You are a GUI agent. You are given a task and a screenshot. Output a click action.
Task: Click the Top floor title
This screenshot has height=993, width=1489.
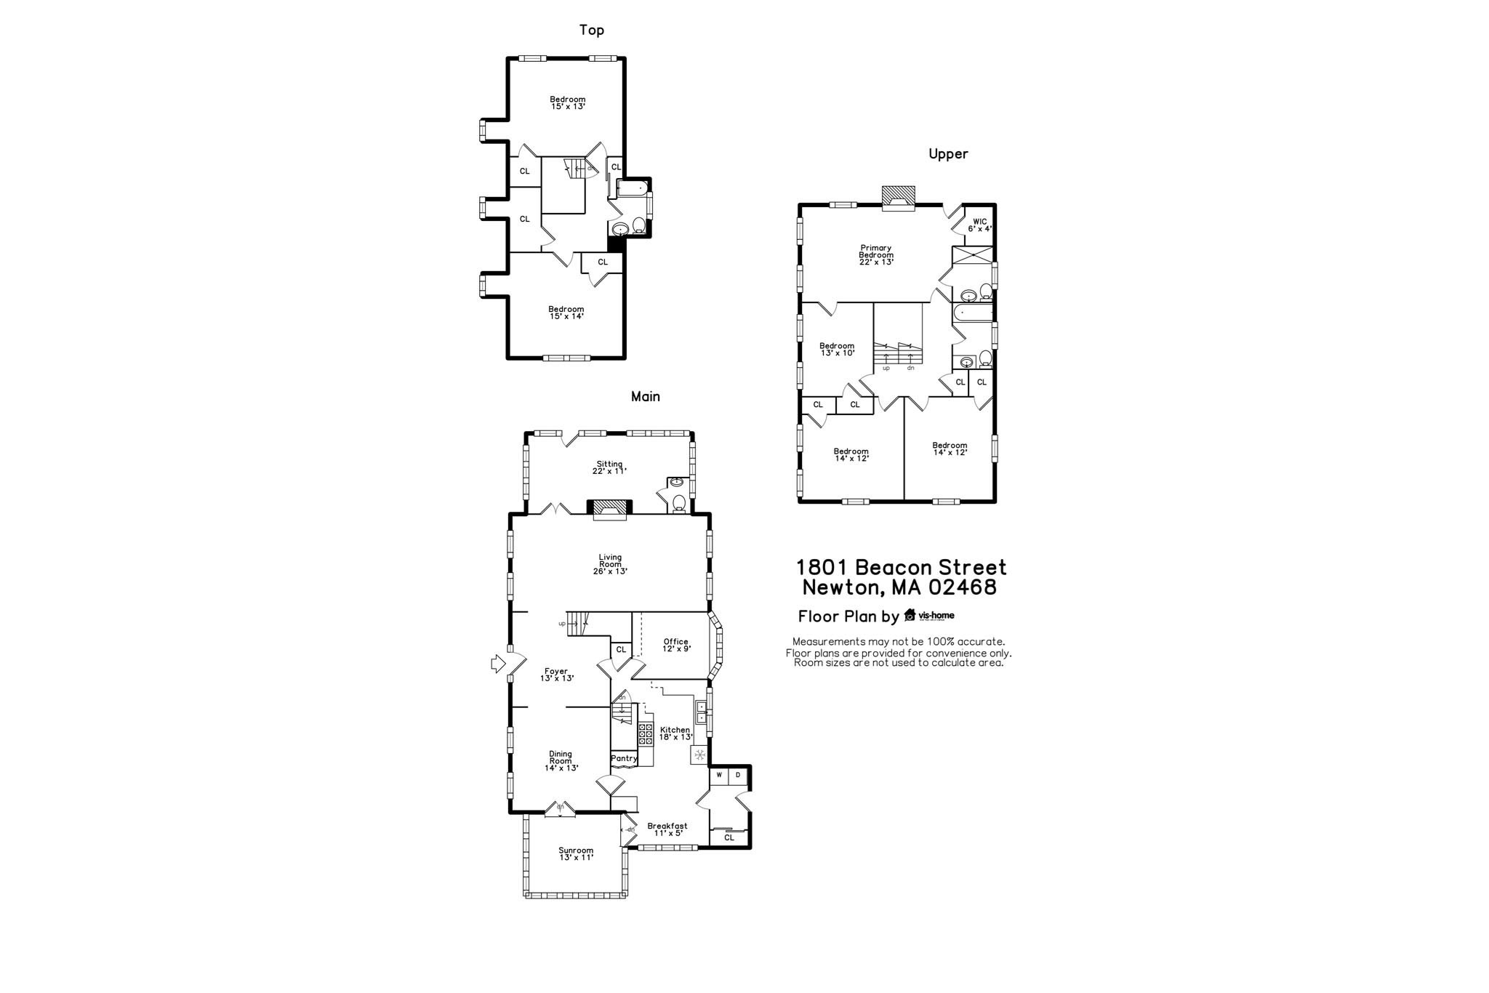coord(591,30)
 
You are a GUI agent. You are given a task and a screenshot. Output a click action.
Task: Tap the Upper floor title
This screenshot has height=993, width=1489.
coord(948,154)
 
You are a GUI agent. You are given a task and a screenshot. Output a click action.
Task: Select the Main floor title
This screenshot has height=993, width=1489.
coord(645,397)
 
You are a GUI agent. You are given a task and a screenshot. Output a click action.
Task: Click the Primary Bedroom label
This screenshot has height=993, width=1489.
coord(875,254)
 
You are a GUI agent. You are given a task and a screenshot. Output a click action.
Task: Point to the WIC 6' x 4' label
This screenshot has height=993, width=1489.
coord(979,225)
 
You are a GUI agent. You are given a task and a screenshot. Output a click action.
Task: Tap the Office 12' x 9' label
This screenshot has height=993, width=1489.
coord(676,645)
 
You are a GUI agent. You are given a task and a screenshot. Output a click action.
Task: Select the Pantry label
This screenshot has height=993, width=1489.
coord(624,758)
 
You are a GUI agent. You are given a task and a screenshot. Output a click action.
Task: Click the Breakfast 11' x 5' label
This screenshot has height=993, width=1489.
coord(667,829)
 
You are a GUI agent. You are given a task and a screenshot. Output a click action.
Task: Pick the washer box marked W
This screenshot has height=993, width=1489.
coord(719,775)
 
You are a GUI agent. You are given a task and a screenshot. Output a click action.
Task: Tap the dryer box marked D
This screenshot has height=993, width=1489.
coord(738,775)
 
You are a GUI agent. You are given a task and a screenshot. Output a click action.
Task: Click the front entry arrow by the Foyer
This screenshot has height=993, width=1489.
coord(498,663)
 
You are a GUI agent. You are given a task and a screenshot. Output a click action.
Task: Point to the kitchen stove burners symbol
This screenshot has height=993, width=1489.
coord(646,734)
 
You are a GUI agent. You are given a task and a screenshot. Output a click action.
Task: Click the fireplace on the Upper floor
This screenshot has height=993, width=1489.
coord(898,198)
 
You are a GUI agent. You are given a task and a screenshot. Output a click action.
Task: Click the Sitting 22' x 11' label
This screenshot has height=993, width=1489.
coord(609,467)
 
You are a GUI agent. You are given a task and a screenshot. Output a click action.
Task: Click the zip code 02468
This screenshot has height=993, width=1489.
coord(960,587)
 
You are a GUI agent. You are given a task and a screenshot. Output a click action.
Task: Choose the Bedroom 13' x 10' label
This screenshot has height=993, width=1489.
coord(837,349)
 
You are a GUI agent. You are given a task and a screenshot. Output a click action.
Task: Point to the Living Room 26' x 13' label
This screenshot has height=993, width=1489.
coord(610,564)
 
